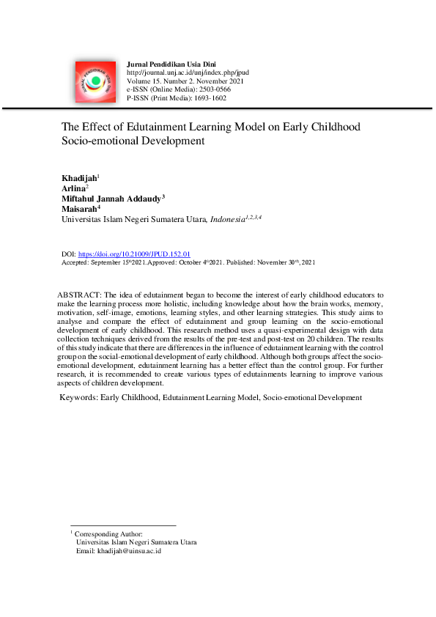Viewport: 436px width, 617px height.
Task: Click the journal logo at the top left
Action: coord(93,81)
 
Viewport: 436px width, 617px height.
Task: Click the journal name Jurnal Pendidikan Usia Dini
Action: coord(171,65)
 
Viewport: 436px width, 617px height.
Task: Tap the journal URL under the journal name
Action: coord(188,73)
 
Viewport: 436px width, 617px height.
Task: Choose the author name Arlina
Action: coord(73,188)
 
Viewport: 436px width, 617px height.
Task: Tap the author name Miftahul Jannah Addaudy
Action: coord(111,198)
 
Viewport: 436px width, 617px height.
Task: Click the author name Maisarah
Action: coord(78,208)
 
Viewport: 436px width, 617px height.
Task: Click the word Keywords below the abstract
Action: coord(79,397)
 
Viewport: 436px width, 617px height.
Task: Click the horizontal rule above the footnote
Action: coord(123,525)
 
